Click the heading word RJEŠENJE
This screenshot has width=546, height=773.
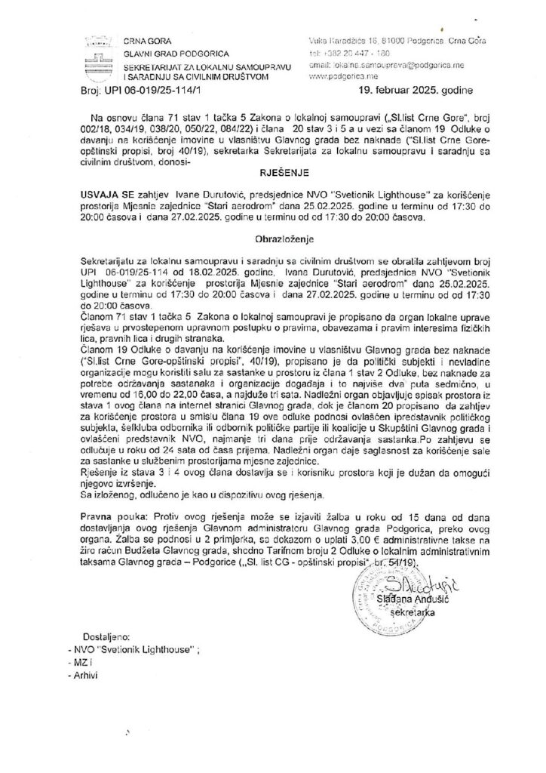coord(274,171)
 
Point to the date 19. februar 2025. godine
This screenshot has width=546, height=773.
coord(409,91)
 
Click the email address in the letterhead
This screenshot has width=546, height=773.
coord(379,66)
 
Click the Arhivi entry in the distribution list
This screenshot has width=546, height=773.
coord(86,674)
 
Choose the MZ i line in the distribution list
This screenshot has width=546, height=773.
coord(82,662)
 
